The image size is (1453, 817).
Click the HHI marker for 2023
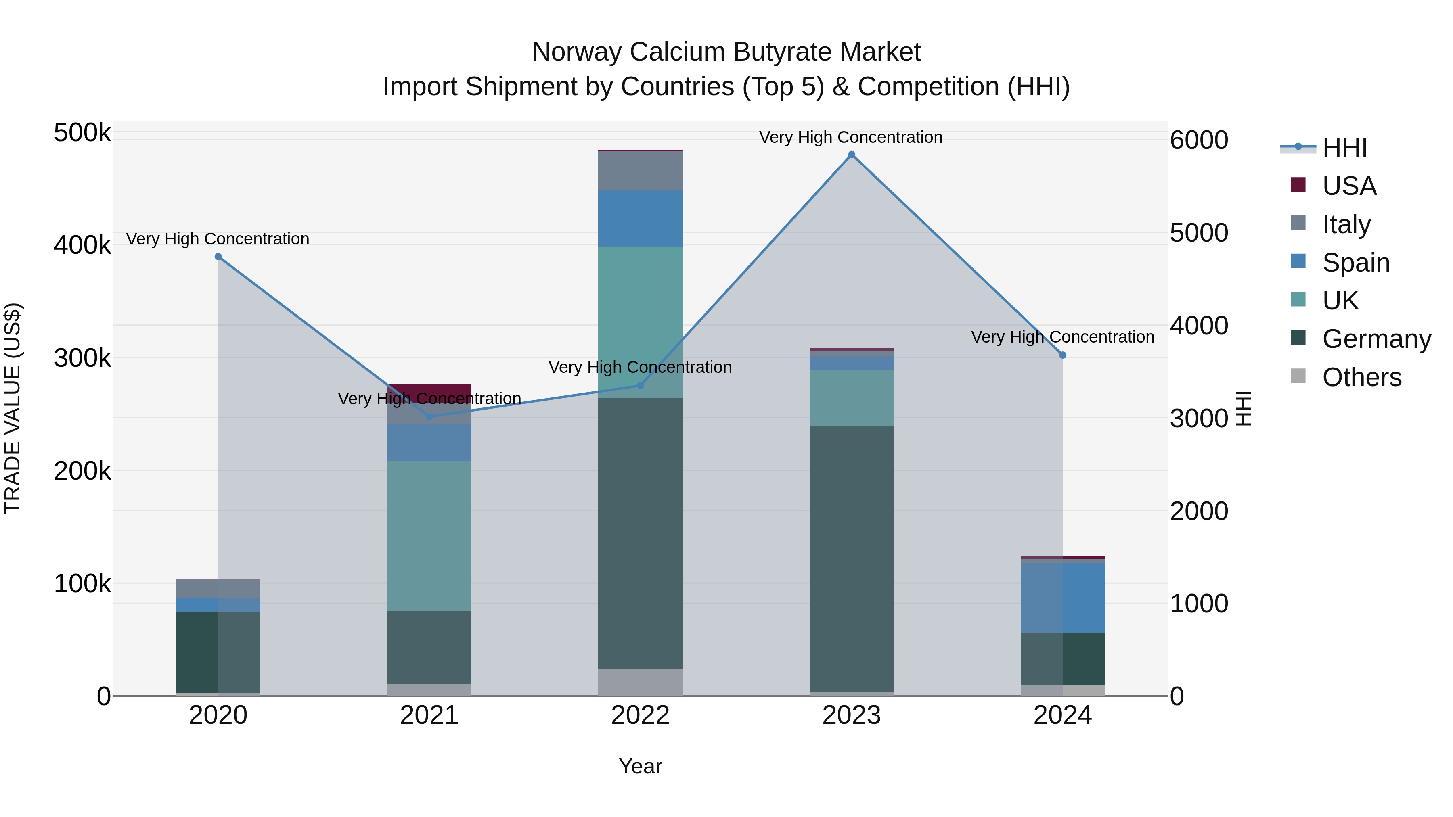[851, 155]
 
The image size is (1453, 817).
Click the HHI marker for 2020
[218, 257]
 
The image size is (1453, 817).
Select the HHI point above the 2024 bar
[1063, 355]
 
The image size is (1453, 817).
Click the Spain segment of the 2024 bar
[1063, 598]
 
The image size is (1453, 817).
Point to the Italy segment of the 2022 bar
[640, 171]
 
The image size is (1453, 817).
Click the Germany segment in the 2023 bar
[851, 558]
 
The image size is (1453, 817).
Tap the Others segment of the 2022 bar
[640, 682]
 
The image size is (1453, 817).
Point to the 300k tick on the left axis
[82, 358]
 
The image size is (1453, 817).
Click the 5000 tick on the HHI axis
[1199, 233]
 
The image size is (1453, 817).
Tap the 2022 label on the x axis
[640, 715]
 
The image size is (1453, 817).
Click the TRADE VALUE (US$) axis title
[13, 408]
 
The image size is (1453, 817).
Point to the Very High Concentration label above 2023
[850, 137]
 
